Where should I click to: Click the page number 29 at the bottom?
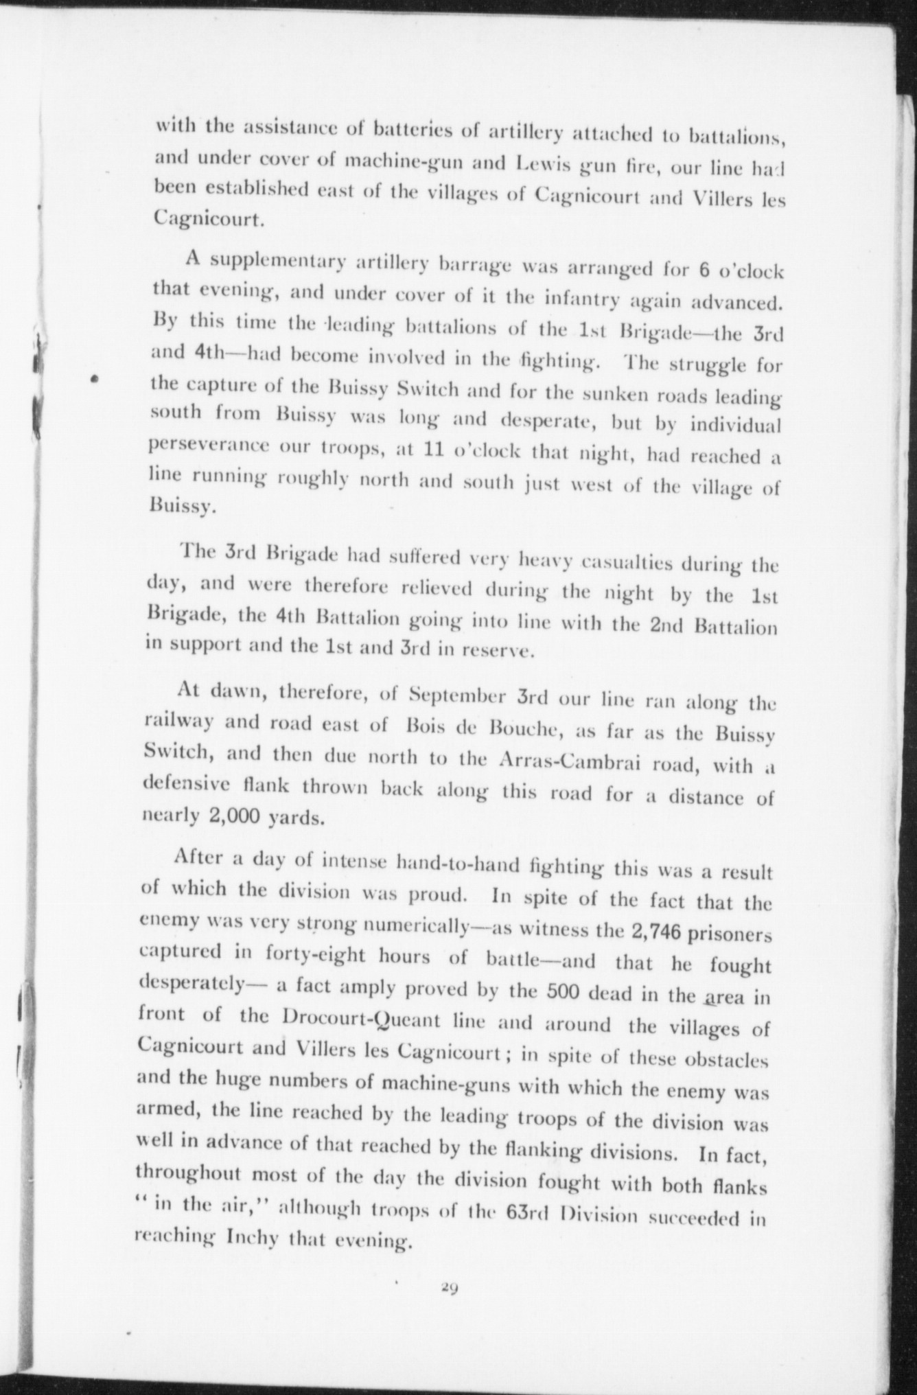(x=450, y=1289)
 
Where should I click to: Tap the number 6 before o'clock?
(x=704, y=268)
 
